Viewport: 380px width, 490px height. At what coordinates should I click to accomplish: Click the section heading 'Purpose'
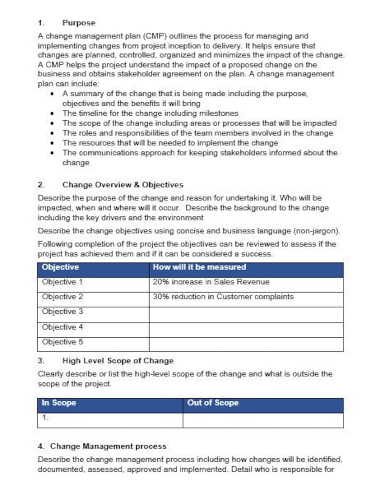pos(78,23)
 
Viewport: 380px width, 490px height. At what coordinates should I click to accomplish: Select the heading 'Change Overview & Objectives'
pos(123,185)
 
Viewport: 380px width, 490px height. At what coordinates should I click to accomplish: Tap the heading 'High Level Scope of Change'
pos(118,361)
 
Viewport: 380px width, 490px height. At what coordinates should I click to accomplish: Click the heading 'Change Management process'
pos(108,446)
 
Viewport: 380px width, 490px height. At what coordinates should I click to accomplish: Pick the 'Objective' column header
pos(60,267)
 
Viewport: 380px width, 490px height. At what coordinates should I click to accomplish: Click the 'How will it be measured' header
pos(199,267)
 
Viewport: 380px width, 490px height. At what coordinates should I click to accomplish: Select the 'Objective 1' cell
pos(62,282)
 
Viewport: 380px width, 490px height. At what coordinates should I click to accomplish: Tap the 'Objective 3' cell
pos(62,312)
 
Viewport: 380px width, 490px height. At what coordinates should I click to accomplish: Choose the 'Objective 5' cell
pos(62,342)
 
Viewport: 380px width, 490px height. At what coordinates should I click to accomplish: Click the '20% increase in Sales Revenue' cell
pos(211,282)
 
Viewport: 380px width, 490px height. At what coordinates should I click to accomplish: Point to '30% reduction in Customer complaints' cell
pos(223,297)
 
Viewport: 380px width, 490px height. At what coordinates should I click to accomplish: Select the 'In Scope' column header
pos(59,403)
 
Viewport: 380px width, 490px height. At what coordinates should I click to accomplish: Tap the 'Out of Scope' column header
pos(213,403)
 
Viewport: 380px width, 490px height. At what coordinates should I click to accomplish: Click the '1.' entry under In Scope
pos(45,418)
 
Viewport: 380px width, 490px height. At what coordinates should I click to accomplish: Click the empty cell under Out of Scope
pos(263,420)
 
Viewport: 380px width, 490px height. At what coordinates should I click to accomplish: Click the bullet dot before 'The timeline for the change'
pos(52,113)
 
